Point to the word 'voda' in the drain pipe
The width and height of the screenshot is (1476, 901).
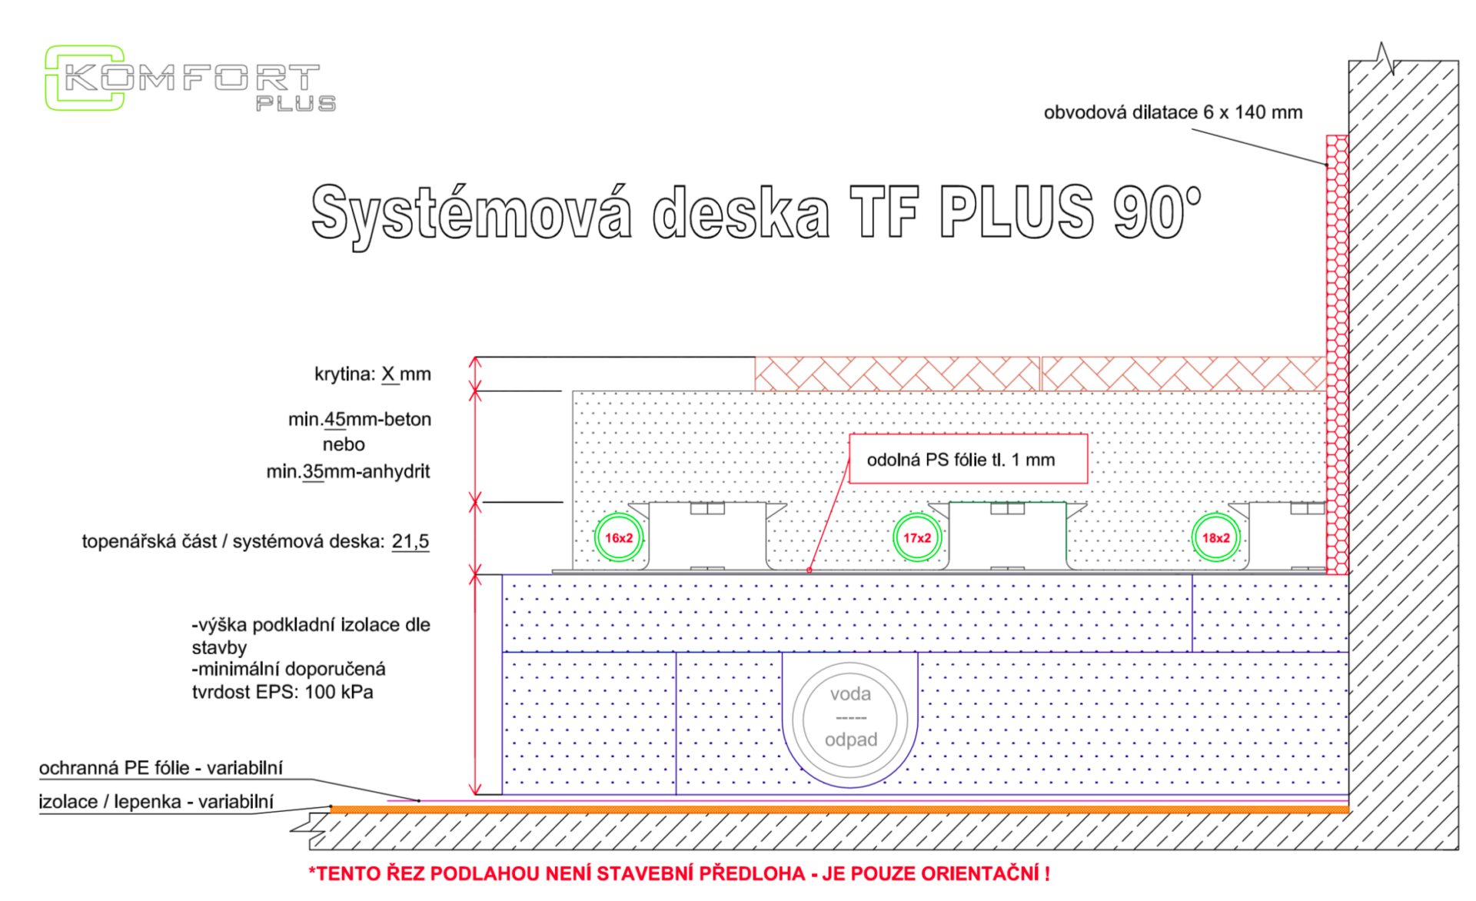[x=850, y=694]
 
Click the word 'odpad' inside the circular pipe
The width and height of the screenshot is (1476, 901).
[x=851, y=740]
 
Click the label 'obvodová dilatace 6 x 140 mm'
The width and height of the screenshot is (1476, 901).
[x=1173, y=112]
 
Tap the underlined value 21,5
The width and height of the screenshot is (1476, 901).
[x=411, y=542]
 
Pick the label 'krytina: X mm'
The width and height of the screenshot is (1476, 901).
[x=373, y=374]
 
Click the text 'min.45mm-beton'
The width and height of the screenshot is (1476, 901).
[x=360, y=420]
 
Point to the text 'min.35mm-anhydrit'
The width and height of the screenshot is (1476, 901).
[x=348, y=471]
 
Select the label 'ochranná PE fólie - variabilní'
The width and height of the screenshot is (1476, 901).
[x=161, y=768]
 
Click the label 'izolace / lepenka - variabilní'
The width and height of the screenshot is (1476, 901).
[x=156, y=802]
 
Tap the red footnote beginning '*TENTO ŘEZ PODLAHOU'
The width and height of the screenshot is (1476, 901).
[x=679, y=873]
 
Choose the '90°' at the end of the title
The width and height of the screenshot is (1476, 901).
[x=1157, y=211]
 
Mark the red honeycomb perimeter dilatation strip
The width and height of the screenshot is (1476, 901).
[x=1337, y=354]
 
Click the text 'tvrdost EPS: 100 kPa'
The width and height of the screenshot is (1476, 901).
[x=283, y=692]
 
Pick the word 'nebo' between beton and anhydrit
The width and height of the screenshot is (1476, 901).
[x=344, y=444]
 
